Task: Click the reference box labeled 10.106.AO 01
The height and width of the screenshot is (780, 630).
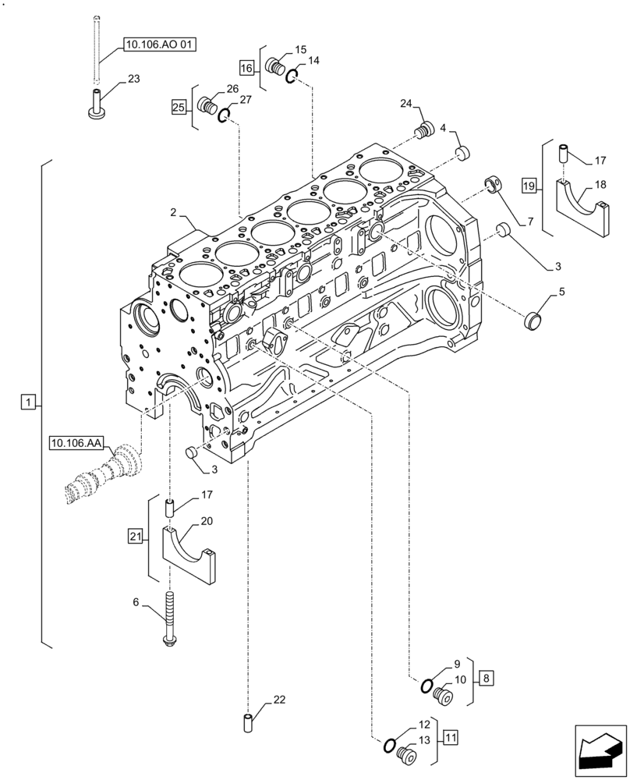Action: pos(158,45)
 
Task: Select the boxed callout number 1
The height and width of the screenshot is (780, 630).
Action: pos(27,402)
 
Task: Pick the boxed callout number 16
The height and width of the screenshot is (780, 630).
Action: pos(246,68)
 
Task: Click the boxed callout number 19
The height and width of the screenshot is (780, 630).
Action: pos(529,186)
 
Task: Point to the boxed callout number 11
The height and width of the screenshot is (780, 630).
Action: pos(451,736)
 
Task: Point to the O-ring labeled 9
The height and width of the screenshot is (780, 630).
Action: pos(428,686)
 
